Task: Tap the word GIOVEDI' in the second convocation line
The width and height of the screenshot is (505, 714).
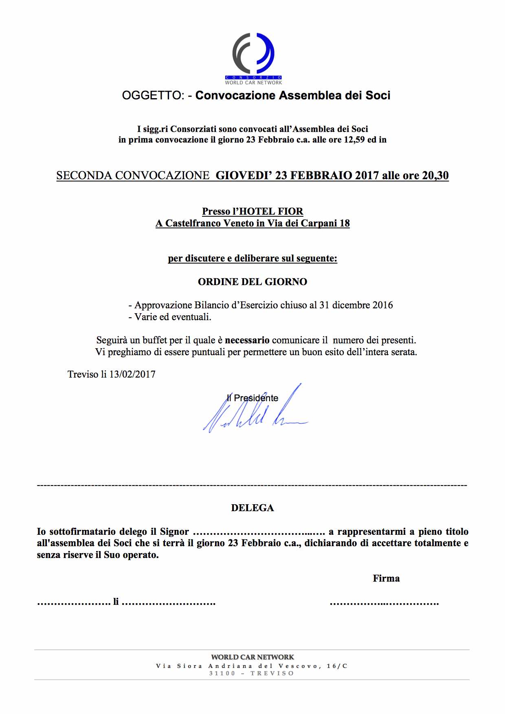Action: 244,176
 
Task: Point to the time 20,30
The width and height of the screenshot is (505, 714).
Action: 435,176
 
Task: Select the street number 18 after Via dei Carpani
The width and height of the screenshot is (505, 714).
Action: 345,223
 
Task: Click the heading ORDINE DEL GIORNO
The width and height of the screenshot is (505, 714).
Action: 253,282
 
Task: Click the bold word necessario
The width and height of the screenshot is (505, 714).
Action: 247,340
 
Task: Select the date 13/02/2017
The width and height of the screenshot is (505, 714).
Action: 132,374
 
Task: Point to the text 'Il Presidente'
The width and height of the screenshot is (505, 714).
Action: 253,398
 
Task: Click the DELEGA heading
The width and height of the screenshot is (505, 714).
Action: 253,508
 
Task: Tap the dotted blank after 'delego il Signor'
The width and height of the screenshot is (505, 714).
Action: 258,532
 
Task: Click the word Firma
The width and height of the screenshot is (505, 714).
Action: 386,578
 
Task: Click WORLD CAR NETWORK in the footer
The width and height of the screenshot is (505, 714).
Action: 253,657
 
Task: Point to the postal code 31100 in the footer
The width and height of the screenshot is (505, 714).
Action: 222,673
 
